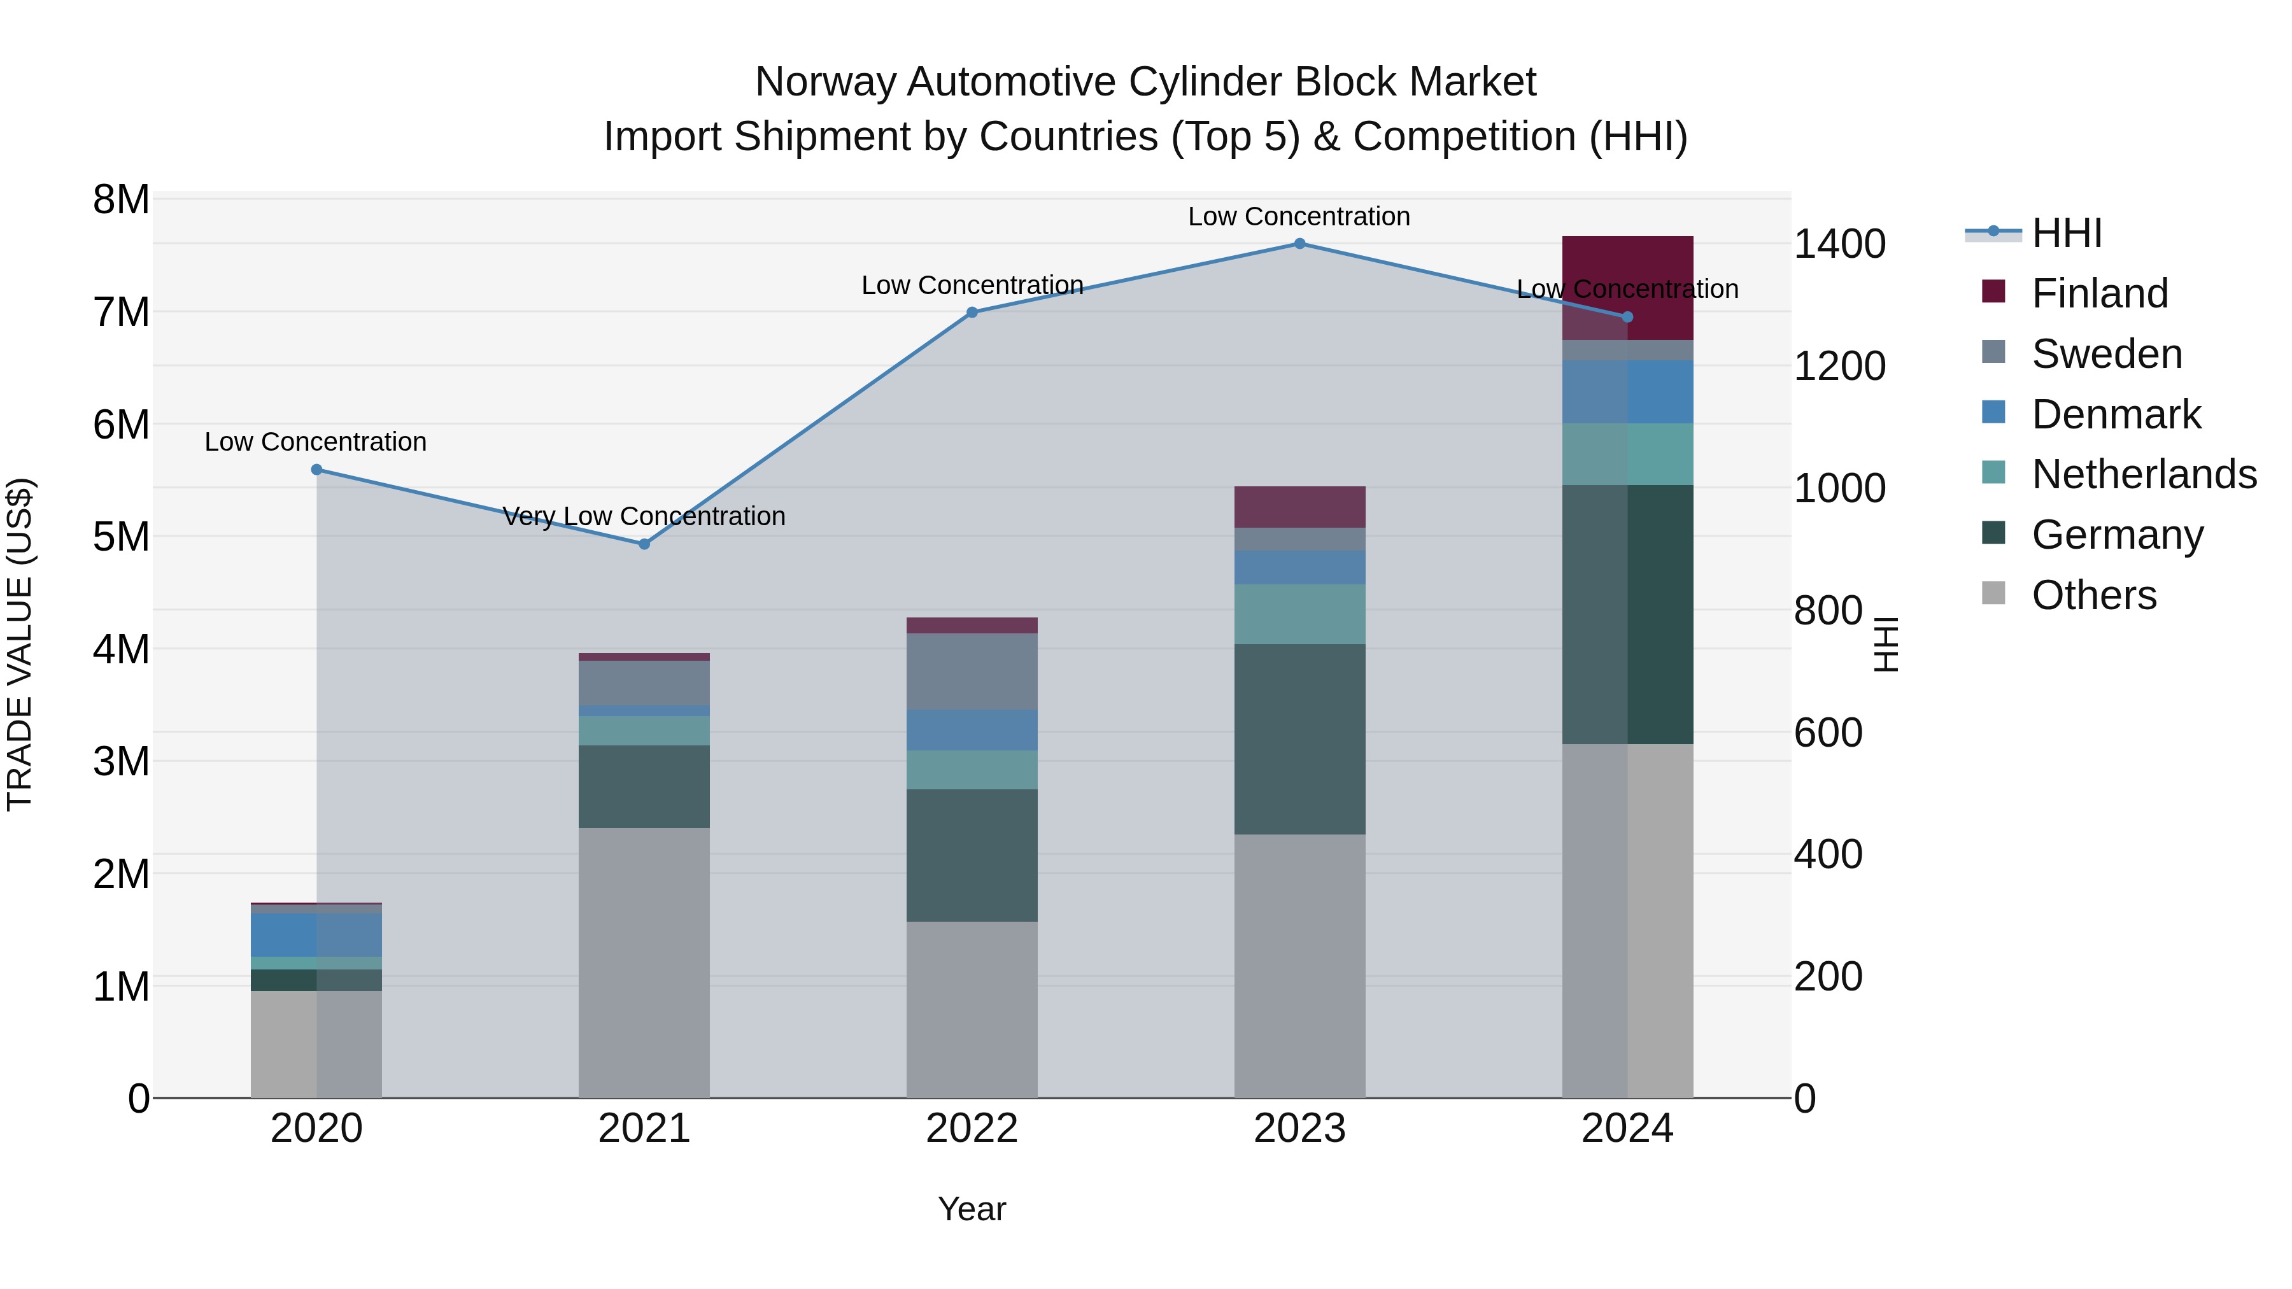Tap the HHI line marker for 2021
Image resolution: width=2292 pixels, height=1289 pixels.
[644, 544]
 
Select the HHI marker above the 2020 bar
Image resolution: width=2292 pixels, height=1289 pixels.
[317, 470]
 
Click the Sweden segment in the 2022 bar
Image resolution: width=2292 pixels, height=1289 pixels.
[972, 672]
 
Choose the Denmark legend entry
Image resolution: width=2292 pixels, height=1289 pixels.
[2116, 414]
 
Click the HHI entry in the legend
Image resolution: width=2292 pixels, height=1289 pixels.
[2067, 233]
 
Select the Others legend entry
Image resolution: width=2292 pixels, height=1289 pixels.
[2093, 595]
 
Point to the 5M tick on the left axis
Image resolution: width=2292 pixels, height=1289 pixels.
[121, 537]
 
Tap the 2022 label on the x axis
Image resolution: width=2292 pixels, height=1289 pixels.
[972, 1129]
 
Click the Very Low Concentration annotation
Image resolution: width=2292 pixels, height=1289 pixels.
[644, 516]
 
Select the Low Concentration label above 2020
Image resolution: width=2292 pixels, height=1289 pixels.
[316, 442]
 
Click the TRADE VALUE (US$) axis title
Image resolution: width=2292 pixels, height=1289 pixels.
[20, 644]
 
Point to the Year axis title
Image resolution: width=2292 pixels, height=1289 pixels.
[972, 1209]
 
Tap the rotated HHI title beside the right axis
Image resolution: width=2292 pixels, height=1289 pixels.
[1885, 644]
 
